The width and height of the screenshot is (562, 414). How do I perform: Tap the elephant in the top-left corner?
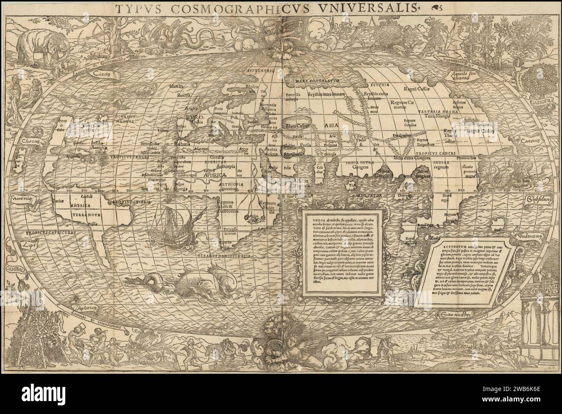tap(38, 43)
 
